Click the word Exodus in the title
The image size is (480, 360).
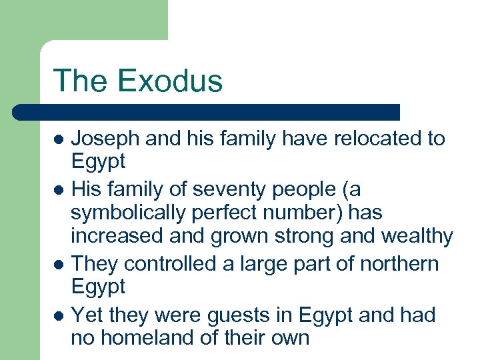[170, 81]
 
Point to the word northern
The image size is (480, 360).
[399, 264]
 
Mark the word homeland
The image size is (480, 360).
[146, 337]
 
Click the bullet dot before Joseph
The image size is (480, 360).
[59, 140]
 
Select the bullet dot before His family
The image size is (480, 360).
[59, 191]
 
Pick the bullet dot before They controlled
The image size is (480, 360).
[59, 265]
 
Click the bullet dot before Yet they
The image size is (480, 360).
[59, 316]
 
